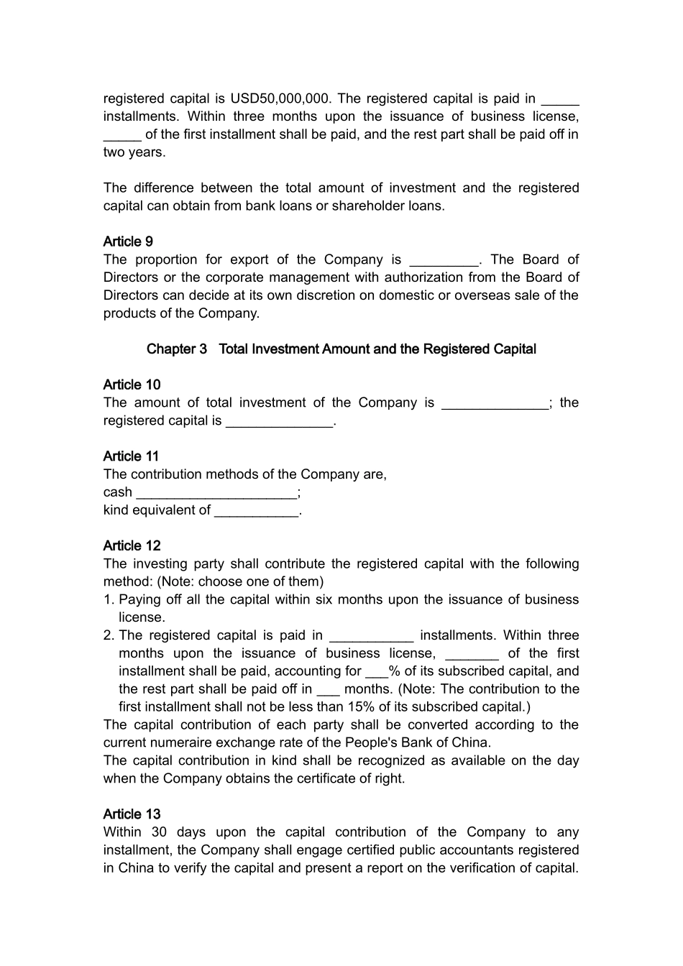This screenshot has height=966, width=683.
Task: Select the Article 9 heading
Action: (128, 241)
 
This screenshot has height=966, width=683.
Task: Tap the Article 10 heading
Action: (132, 385)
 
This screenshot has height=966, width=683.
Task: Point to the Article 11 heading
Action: (131, 456)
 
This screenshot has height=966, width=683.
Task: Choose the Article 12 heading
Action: (132, 546)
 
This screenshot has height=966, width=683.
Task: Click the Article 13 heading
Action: (132, 814)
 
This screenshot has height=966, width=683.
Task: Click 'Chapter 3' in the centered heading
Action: (176, 349)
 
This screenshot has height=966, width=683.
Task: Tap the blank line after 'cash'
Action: (216, 494)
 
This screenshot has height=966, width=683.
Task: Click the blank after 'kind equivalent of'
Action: (256, 512)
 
